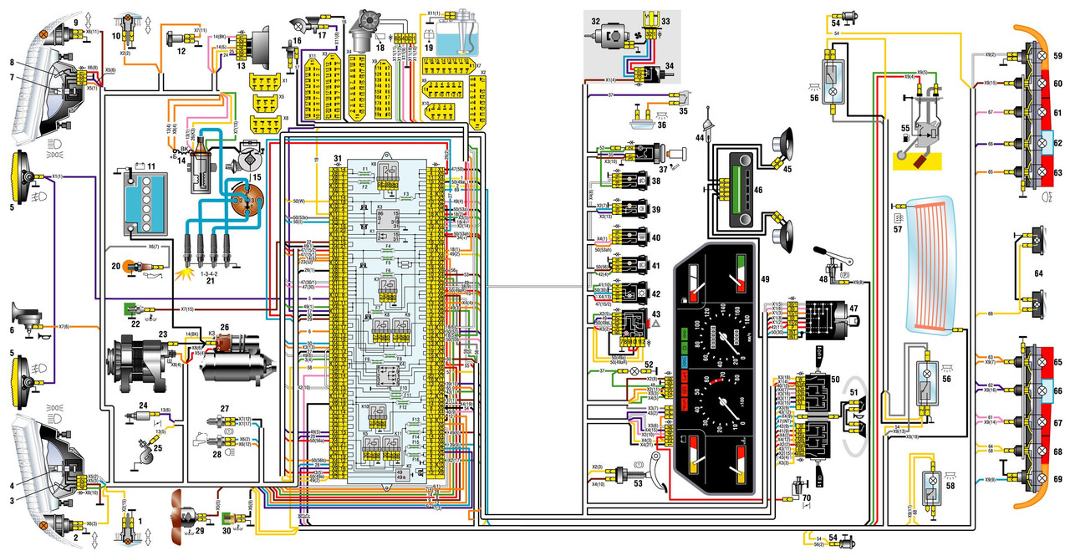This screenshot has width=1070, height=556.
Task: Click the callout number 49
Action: [x=764, y=279]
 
